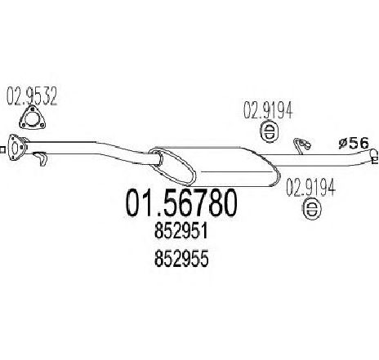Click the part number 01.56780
[x=181, y=202]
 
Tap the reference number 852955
[x=181, y=259]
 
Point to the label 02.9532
[x=32, y=96]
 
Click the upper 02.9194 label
[x=268, y=110]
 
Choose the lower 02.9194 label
[x=310, y=187]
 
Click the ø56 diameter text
[x=354, y=144]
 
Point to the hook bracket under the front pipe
[x=41, y=158]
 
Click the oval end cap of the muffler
[x=172, y=166]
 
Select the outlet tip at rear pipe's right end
[x=374, y=157]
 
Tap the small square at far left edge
[x=2, y=149]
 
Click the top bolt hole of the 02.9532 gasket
[x=32, y=109]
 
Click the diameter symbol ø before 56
[x=343, y=144]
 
